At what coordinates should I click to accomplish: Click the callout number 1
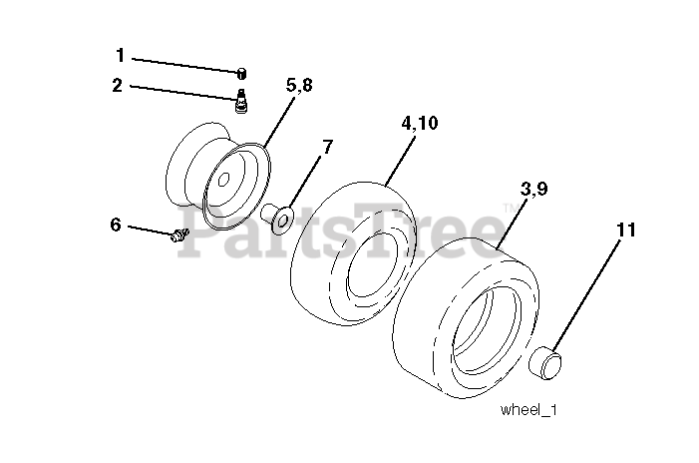point(121,56)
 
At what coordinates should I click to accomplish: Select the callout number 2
point(118,86)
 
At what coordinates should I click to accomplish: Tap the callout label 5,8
point(298,86)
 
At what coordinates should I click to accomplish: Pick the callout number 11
point(625,231)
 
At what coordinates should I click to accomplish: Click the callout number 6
point(116,226)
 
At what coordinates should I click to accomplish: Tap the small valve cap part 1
point(240,72)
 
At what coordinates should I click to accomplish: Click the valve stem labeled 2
point(240,98)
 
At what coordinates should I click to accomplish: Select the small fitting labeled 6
point(179,235)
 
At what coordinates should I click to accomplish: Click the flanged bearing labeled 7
point(276,215)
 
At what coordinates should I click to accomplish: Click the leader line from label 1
point(184,64)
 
